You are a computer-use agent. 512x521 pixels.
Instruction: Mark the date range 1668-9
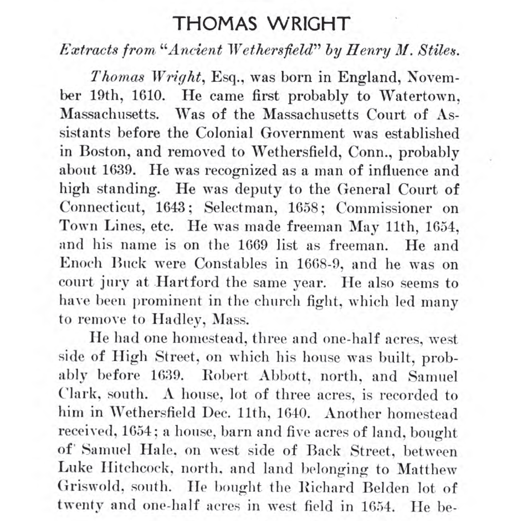coord(311,264)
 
